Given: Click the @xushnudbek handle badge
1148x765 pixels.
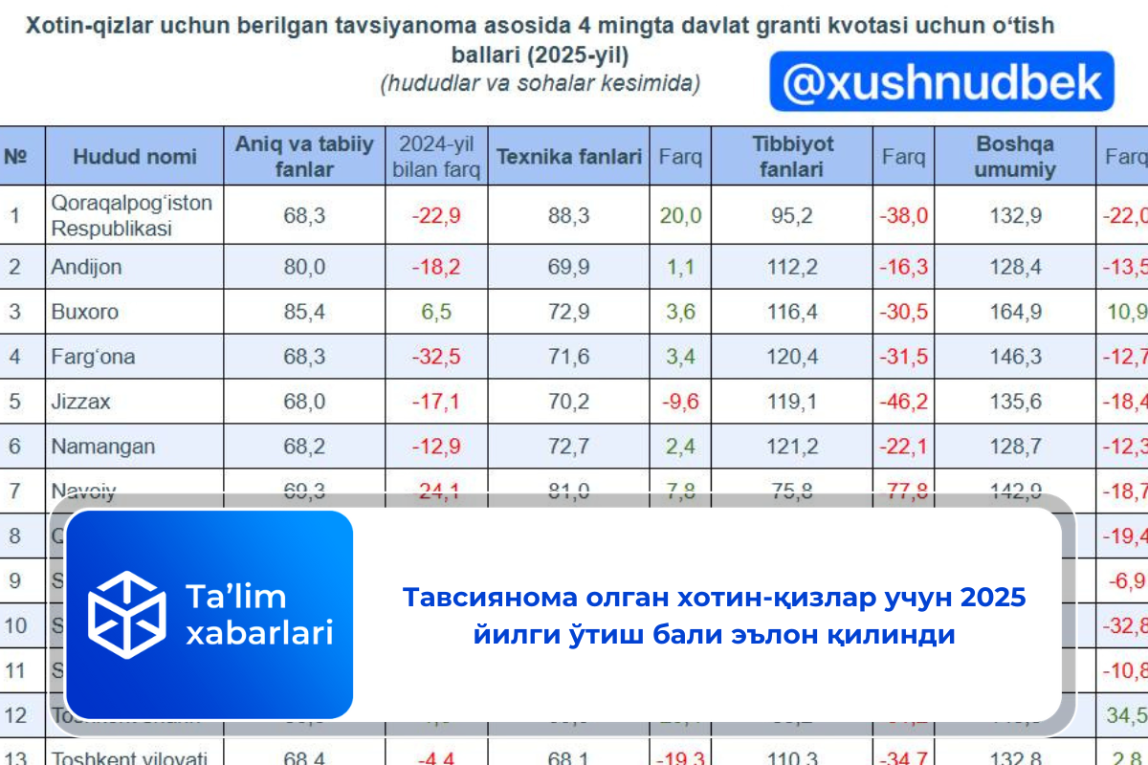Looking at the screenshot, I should [x=941, y=82].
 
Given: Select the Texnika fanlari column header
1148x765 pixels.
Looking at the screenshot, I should [x=569, y=157].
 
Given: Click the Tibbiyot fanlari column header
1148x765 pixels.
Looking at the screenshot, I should [x=792, y=157].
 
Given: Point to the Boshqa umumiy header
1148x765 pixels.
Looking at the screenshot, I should [x=1015, y=157].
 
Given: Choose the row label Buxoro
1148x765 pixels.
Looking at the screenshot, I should [x=84, y=312].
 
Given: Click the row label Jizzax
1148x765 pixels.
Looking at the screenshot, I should [x=80, y=402].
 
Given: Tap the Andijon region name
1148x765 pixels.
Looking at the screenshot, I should [x=86, y=267].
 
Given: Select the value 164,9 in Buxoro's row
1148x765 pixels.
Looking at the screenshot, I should [x=1015, y=312].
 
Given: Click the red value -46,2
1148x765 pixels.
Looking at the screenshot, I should [x=903, y=402].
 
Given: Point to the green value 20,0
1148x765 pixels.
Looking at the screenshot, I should [x=680, y=215].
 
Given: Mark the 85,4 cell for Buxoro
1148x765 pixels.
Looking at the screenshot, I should [x=304, y=312].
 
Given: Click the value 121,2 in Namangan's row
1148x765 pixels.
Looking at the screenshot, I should [x=792, y=447].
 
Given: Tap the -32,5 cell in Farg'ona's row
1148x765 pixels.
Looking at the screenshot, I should [x=436, y=357].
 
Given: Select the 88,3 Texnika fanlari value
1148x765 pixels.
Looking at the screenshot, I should [x=569, y=215].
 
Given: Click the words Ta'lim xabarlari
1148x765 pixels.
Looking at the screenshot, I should [x=258, y=614].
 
